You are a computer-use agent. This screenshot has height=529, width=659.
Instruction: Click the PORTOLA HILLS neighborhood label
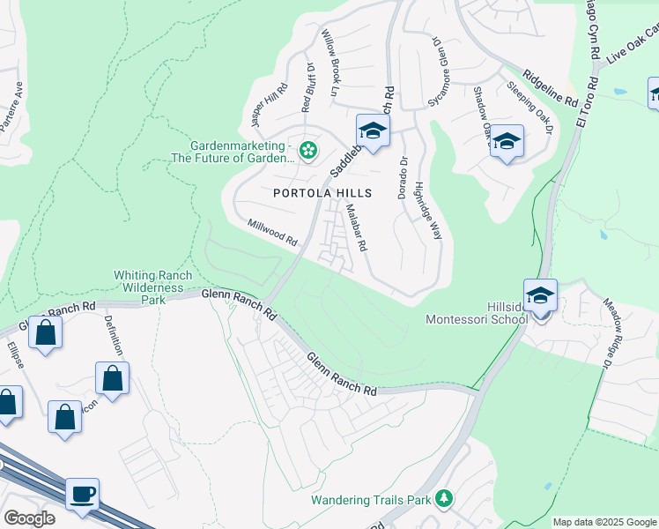pos(322,193)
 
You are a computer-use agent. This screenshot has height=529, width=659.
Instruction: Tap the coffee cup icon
pos(82,495)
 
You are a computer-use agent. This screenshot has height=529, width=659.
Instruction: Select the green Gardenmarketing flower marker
pos(307,151)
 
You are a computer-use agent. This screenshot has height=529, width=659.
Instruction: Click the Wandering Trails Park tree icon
pos(444,500)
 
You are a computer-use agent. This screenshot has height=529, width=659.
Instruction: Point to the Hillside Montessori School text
pos(477,314)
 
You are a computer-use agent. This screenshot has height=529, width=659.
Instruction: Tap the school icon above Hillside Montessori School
pos(540,296)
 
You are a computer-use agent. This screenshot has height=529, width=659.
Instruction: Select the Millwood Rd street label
pos(272,233)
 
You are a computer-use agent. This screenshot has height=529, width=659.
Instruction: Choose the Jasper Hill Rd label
pos(269,103)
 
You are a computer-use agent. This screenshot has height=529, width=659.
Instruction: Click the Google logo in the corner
pos(29,518)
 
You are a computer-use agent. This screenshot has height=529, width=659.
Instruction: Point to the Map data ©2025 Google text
pos(604,522)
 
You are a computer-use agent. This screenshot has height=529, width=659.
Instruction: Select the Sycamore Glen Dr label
pos(437,71)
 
